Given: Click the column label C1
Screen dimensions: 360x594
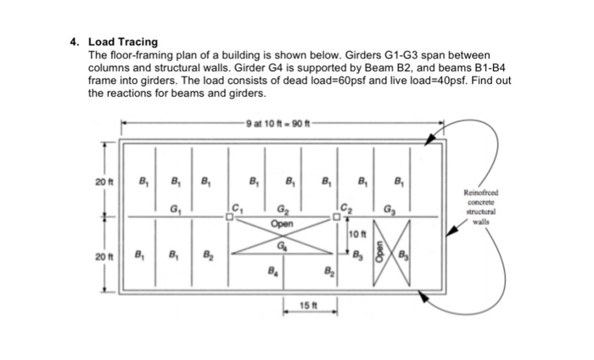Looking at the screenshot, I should click(x=238, y=205).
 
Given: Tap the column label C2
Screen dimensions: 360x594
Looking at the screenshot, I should click(x=345, y=205).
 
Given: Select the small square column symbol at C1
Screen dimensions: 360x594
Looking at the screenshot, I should click(x=229, y=217).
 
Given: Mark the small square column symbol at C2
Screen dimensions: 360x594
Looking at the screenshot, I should click(x=337, y=217).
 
